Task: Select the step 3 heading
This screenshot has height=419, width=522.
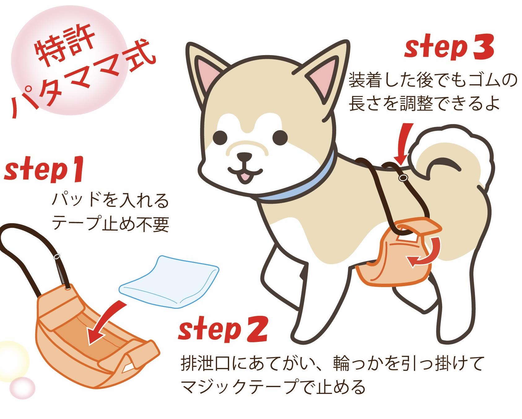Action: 449,48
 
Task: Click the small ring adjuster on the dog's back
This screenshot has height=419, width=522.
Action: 403,178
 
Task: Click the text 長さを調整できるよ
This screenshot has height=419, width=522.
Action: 424,103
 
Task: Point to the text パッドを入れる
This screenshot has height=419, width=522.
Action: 110,201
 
